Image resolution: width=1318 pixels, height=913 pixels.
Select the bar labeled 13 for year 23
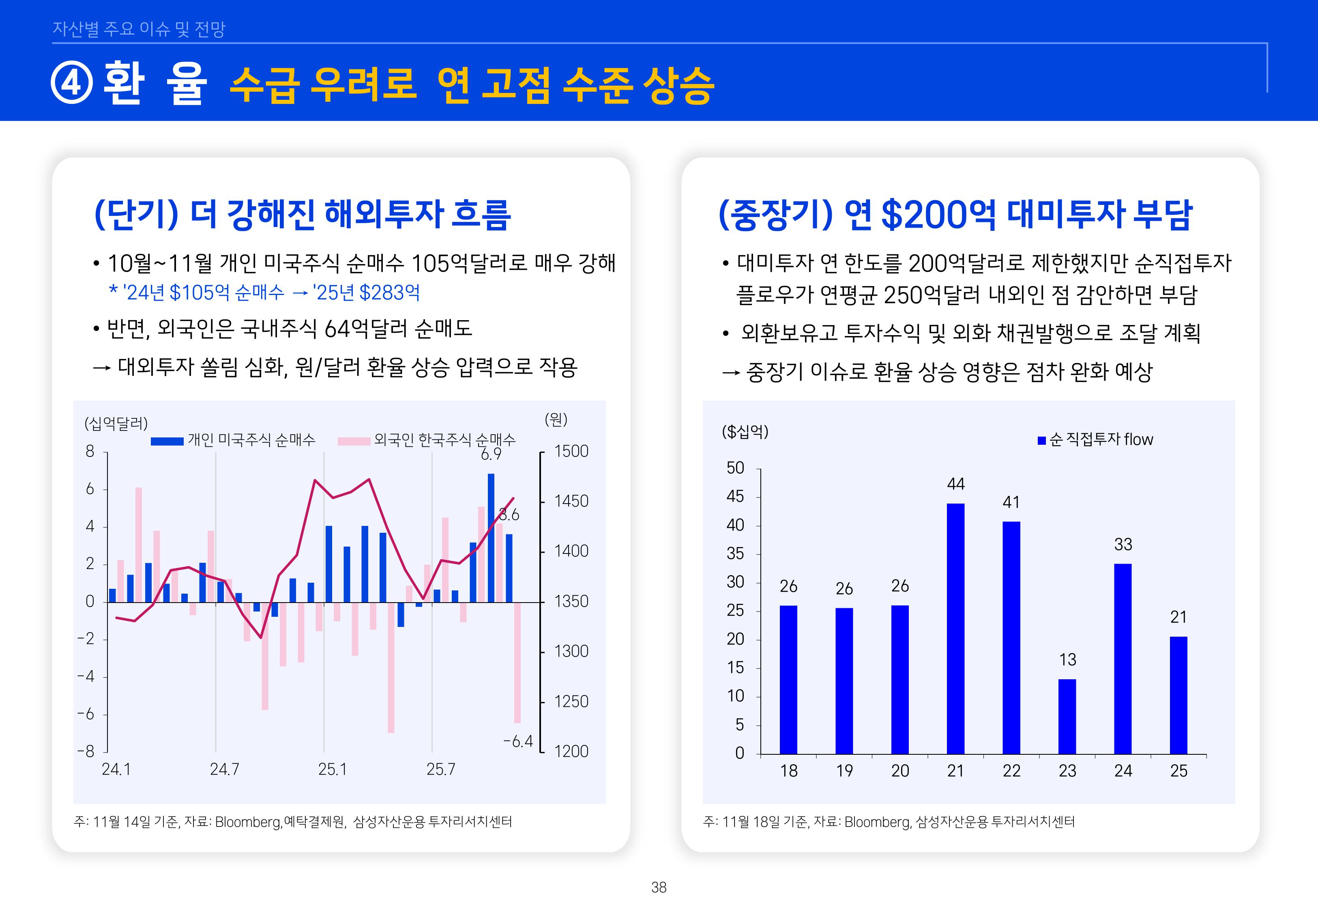tap(1067, 716)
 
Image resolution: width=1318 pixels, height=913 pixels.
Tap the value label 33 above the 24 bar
tap(1123, 544)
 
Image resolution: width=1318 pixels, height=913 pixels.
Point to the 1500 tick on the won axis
tap(571, 451)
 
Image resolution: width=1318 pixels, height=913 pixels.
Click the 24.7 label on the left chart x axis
tap(224, 769)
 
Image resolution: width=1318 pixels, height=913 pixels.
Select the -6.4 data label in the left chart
tap(518, 741)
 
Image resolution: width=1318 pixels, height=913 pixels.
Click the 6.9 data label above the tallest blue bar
tap(490, 454)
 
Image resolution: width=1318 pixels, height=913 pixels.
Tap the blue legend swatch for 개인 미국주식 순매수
tap(167, 441)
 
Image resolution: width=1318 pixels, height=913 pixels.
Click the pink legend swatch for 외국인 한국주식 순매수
tap(354, 441)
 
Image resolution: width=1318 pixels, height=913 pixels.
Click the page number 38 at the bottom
tap(659, 887)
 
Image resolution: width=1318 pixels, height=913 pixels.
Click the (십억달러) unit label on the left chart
tap(116, 423)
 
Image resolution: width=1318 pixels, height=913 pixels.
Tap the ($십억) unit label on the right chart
tap(745, 431)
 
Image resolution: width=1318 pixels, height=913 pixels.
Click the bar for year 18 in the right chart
tap(788, 680)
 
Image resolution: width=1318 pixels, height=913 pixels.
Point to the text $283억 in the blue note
tap(389, 293)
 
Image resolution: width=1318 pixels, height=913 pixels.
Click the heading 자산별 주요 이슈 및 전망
tap(139, 28)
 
